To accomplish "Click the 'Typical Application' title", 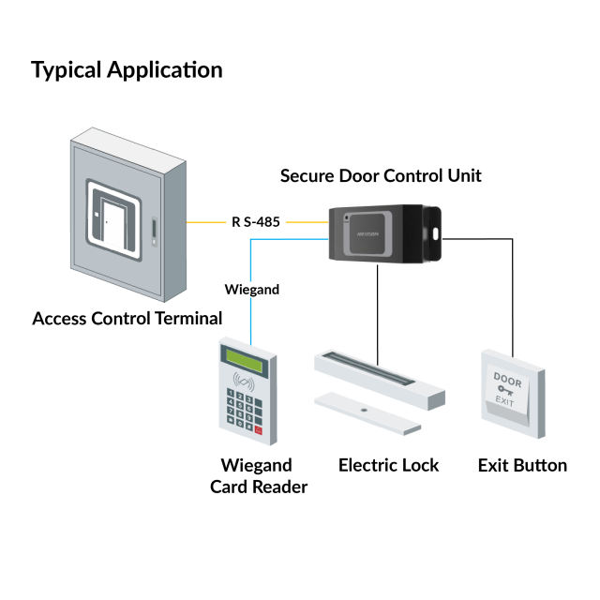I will (x=127, y=70).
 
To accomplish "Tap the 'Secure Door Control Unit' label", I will (x=381, y=175).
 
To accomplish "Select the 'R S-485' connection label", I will (x=258, y=222).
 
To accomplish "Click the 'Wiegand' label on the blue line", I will (x=252, y=290).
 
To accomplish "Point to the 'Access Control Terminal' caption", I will (x=127, y=318).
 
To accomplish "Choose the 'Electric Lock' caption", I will (x=388, y=465).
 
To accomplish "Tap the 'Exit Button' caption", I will (x=522, y=465).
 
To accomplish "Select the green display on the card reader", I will (x=241, y=362).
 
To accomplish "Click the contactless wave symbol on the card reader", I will (x=247, y=384).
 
